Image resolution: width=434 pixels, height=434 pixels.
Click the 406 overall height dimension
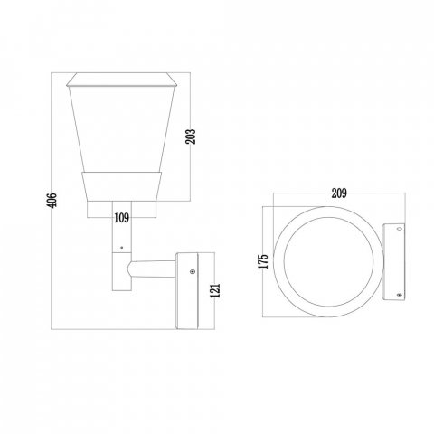pyautogui.click(x=52, y=200)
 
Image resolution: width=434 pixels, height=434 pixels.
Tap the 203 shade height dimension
pyautogui.click(x=191, y=137)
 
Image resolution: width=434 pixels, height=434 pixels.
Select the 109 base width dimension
pyautogui.click(x=122, y=218)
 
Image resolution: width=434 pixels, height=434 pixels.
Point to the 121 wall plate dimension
pyautogui.click(x=215, y=290)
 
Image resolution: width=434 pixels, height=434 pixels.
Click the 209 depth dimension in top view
pyautogui.click(x=339, y=193)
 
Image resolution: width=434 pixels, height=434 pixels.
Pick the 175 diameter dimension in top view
pyautogui.click(x=263, y=261)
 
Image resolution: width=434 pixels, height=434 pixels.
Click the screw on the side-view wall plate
pyautogui.click(x=192, y=272)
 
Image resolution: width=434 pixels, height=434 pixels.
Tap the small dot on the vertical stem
pyautogui.click(x=122, y=248)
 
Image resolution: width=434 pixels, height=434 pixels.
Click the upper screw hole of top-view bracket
pyautogui.click(x=400, y=229)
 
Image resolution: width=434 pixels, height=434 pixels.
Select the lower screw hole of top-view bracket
pyautogui.click(x=400, y=295)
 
